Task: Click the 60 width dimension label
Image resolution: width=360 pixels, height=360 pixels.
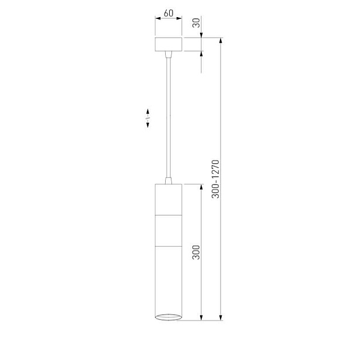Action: click(x=169, y=13)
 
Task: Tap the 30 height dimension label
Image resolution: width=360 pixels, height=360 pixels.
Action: click(x=197, y=23)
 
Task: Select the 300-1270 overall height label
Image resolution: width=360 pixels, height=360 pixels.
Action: click(x=215, y=179)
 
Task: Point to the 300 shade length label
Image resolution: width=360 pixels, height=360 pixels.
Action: click(x=196, y=253)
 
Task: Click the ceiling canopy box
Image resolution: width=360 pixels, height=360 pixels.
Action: click(x=169, y=44)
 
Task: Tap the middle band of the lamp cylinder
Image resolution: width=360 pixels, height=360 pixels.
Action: click(x=169, y=231)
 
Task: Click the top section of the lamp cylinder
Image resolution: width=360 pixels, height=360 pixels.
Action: click(x=169, y=199)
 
